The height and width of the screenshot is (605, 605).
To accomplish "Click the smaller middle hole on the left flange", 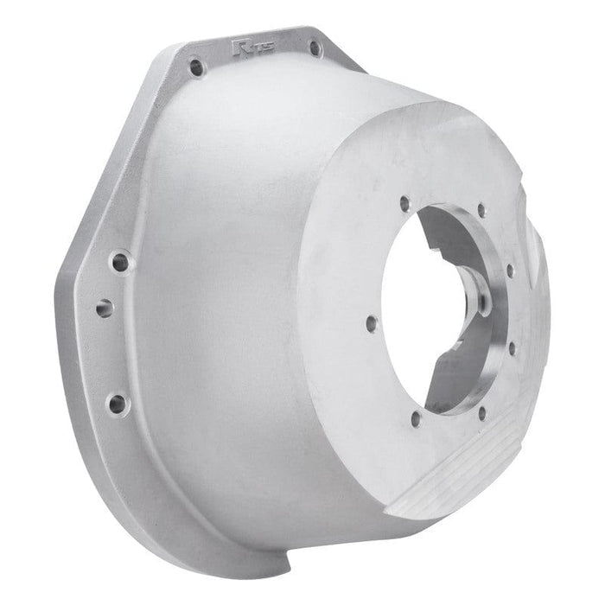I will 105,307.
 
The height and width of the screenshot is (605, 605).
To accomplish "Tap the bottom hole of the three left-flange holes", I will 117,402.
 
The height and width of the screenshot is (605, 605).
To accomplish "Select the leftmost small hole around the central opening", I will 372,324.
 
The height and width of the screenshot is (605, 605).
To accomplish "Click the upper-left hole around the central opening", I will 404,205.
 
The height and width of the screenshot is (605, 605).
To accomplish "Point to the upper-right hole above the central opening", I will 481,208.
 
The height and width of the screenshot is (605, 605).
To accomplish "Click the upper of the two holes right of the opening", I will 510,271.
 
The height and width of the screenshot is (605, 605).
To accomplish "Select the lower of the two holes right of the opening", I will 511,349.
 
